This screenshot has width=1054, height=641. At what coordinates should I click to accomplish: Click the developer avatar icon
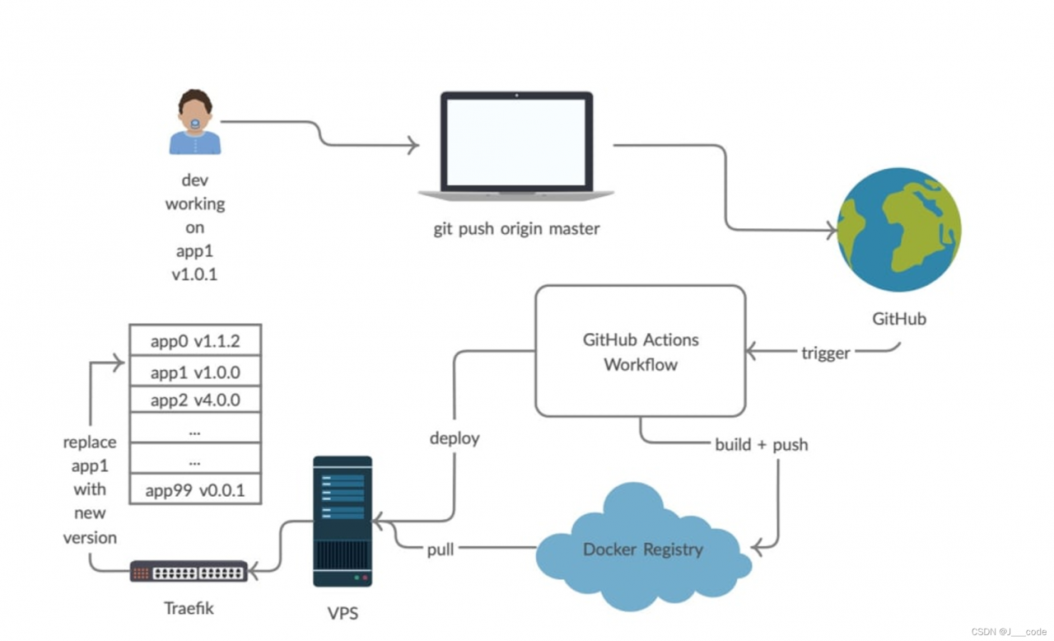pyautogui.click(x=195, y=123)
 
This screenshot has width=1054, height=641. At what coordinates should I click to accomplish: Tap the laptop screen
pyautogui.click(x=516, y=142)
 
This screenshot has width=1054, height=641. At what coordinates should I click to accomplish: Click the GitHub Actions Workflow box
pyautogui.click(x=640, y=351)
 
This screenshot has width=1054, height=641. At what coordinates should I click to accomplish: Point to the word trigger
pyautogui.click(x=825, y=353)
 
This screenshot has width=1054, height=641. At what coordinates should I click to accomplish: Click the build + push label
pyautogui.click(x=761, y=445)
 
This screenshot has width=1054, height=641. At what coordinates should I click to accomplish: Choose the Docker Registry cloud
pyautogui.click(x=642, y=549)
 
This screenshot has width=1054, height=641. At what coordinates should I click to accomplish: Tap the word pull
pyautogui.click(x=441, y=549)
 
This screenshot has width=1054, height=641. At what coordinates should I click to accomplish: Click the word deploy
pyautogui.click(x=455, y=438)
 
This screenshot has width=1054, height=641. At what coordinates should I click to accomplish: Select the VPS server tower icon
pyautogui.click(x=343, y=521)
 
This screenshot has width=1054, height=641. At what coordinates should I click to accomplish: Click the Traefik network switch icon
pyautogui.click(x=189, y=572)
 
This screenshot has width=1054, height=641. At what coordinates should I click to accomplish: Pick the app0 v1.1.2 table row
pyautogui.click(x=195, y=341)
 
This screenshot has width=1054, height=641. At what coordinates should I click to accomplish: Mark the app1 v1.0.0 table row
pyautogui.click(x=195, y=372)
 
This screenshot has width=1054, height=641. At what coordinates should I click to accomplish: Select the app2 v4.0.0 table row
pyautogui.click(x=195, y=401)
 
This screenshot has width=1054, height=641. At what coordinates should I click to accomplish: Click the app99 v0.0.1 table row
pyautogui.click(x=195, y=491)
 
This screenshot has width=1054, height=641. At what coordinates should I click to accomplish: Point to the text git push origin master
pyautogui.click(x=516, y=229)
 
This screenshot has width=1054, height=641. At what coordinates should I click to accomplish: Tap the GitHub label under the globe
pyautogui.click(x=898, y=319)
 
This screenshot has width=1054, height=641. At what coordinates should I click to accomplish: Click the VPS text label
pyautogui.click(x=343, y=613)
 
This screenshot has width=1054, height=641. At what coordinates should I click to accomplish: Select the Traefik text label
pyautogui.click(x=189, y=608)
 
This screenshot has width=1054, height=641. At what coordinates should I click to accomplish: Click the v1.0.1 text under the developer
pyautogui.click(x=194, y=274)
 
